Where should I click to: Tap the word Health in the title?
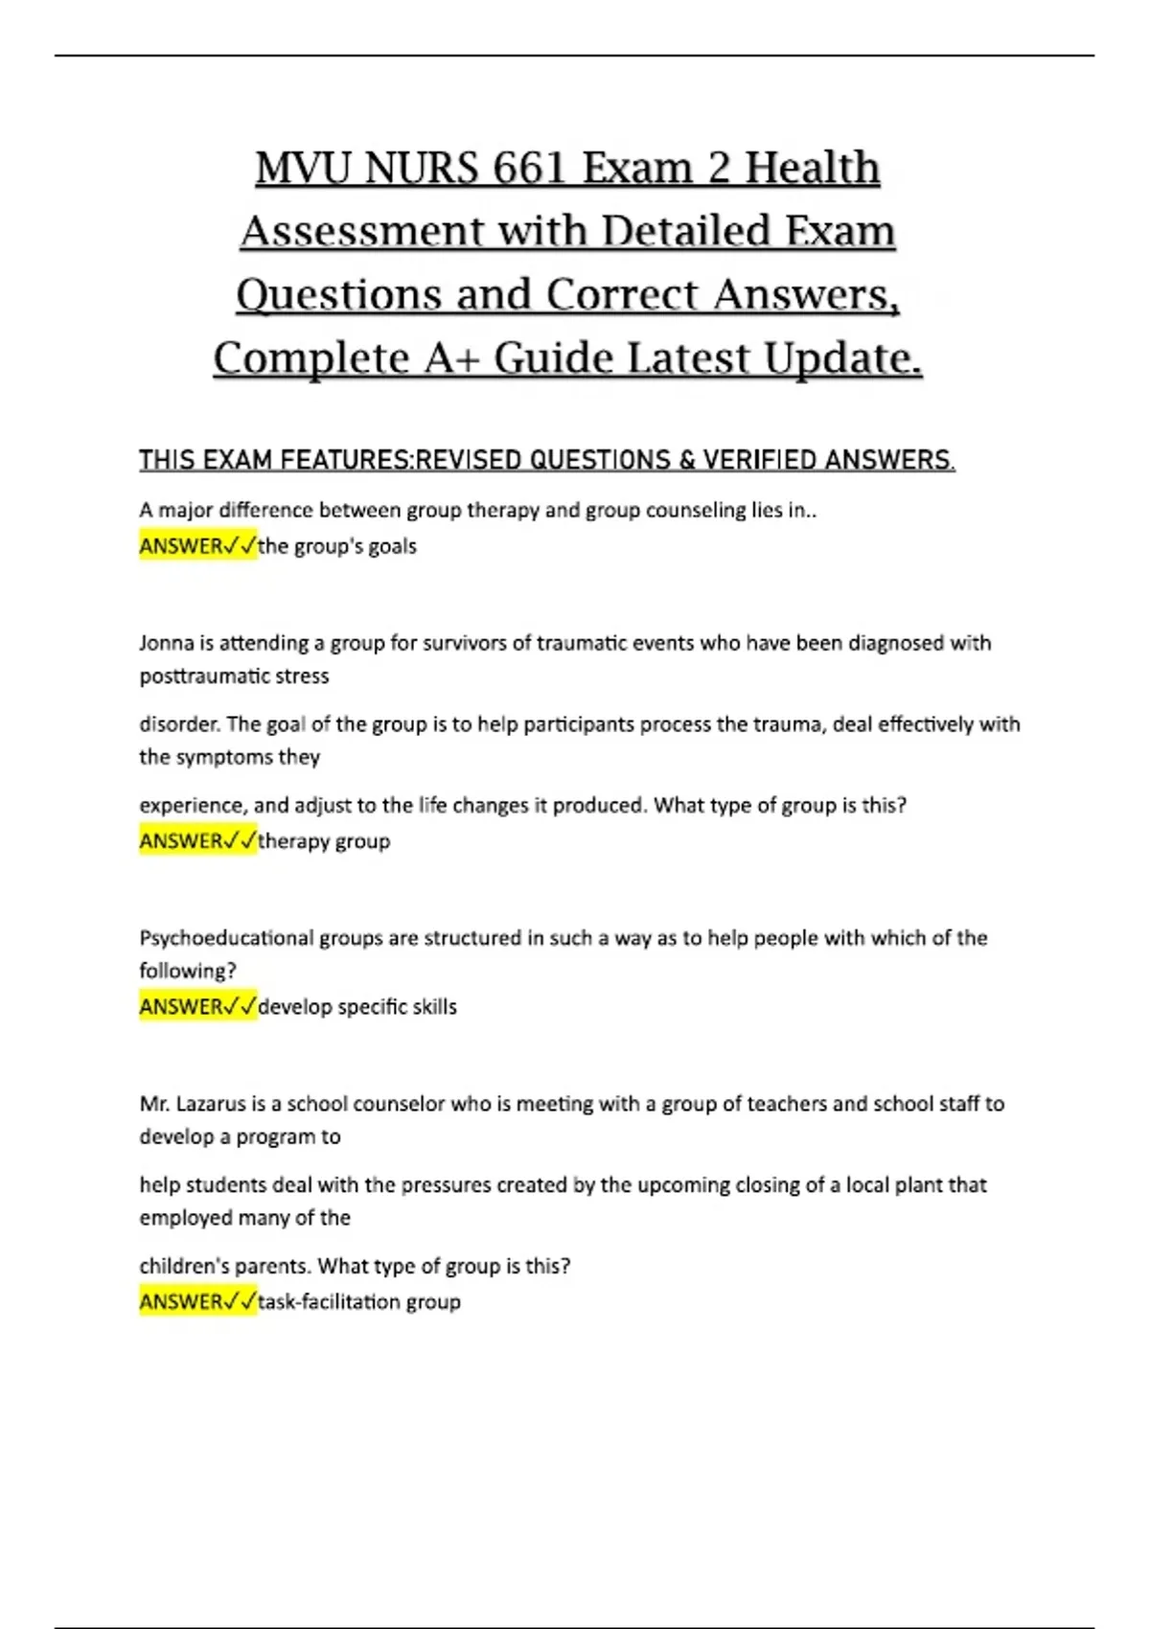(x=812, y=169)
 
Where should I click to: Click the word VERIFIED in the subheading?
(x=760, y=461)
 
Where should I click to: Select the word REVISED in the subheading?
(x=469, y=461)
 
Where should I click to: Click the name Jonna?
(x=167, y=643)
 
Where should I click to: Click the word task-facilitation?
(x=330, y=1302)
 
